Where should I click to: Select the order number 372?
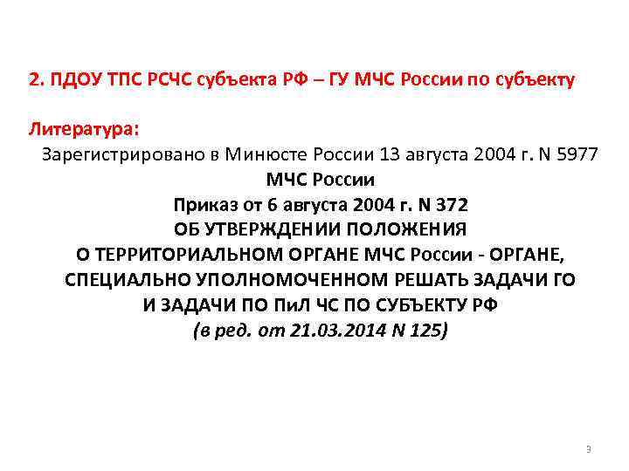(447, 206)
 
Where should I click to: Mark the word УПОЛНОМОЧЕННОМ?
(285, 281)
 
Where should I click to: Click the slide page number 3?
(588, 449)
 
